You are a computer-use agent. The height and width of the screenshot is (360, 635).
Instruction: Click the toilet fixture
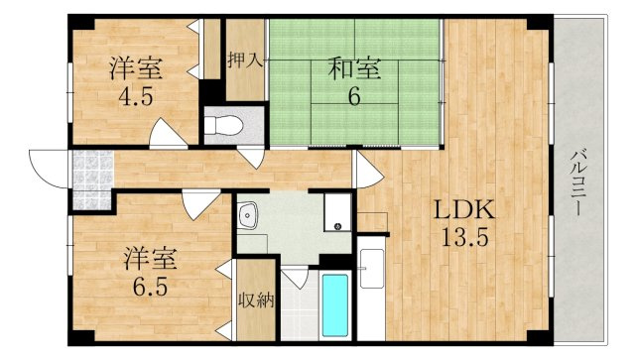pos(223,126)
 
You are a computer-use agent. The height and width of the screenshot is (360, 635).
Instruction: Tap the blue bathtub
pos(335,305)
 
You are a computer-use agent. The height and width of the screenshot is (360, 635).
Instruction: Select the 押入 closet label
pos(245,60)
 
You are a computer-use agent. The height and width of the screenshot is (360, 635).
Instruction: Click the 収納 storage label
pos(256,300)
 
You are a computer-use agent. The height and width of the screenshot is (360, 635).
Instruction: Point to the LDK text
pos(464,210)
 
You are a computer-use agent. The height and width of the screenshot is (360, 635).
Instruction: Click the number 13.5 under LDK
pos(464,238)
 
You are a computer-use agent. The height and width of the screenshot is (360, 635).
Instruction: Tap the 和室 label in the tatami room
pos(354,68)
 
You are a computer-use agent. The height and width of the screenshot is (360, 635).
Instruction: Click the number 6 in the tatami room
pos(354,96)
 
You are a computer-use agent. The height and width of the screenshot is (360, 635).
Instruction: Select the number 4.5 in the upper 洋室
pos(136,96)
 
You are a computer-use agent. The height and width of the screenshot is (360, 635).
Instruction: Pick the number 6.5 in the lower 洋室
pos(150,287)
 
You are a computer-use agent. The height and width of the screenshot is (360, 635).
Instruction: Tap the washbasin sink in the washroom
pos(248,214)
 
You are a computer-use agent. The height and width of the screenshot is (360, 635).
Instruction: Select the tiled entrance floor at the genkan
pos(92,179)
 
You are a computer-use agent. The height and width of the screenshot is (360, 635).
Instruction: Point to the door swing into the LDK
pos(368,170)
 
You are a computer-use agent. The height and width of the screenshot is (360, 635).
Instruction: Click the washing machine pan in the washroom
pos(337,212)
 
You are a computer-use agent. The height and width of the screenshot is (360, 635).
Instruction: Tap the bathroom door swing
pos(296,278)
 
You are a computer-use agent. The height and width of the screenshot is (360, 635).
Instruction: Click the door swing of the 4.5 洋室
pos(168,133)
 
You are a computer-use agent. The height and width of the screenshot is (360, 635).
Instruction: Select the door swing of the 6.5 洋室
pos(200,204)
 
